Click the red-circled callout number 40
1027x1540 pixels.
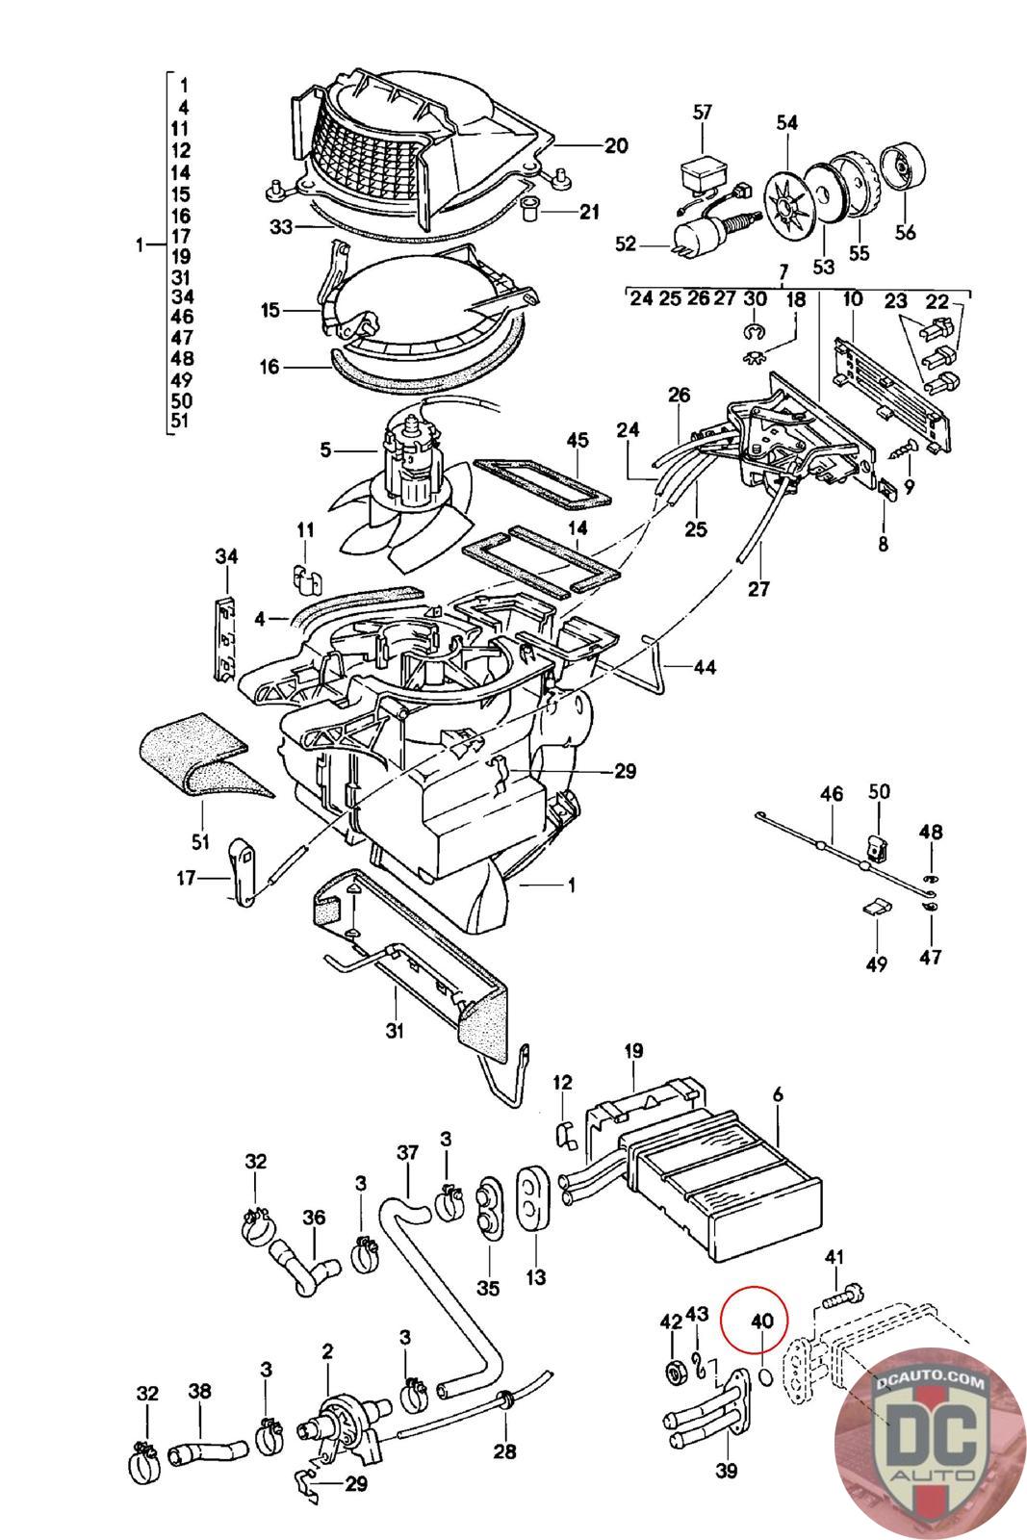(x=761, y=1322)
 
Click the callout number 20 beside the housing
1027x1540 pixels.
(x=615, y=146)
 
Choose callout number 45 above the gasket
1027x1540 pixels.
(x=577, y=441)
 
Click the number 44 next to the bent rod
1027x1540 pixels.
(x=705, y=666)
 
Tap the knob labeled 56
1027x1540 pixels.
(x=905, y=170)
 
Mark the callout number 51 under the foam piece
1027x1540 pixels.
(x=200, y=842)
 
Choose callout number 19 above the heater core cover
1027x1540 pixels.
(x=632, y=1051)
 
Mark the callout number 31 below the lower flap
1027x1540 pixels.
(x=395, y=1031)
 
